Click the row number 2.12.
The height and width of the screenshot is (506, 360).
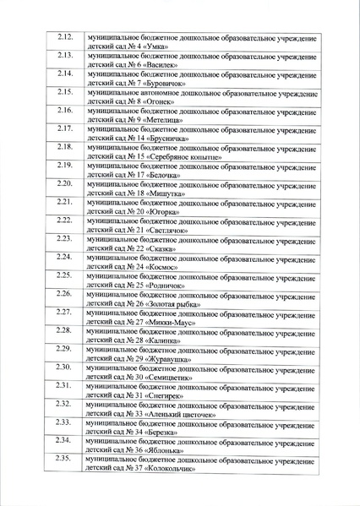click(65, 37)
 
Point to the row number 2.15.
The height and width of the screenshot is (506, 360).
click(65, 92)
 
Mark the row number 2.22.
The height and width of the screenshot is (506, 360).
click(65, 220)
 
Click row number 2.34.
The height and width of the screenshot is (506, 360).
click(63, 441)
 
